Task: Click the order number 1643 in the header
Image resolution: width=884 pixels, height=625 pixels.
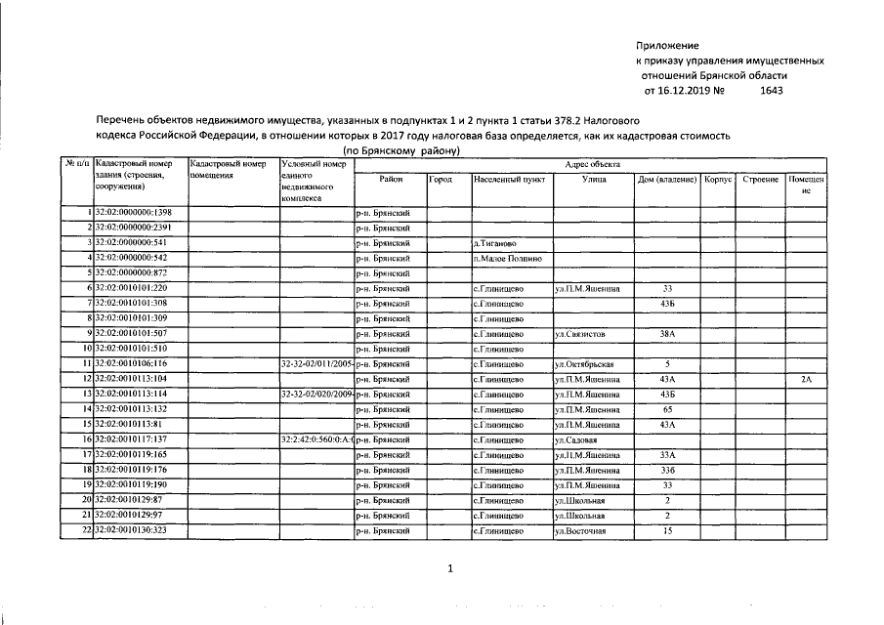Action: pyautogui.click(x=772, y=91)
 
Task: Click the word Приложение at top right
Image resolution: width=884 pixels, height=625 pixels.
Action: pyautogui.click(x=668, y=46)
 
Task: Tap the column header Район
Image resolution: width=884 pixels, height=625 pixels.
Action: pyautogui.click(x=390, y=180)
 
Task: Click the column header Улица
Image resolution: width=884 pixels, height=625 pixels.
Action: pyautogui.click(x=593, y=180)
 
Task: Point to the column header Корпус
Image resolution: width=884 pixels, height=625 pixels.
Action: pyautogui.click(x=718, y=180)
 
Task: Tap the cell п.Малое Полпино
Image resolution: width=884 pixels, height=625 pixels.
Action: pyautogui.click(x=507, y=258)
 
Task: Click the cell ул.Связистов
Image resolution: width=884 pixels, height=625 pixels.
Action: pyautogui.click(x=585, y=334)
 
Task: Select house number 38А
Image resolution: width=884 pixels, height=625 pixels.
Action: pyautogui.click(x=667, y=334)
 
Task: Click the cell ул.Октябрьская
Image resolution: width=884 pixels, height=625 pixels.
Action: pyautogui.click(x=589, y=364)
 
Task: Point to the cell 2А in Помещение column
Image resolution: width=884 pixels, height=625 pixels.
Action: pyautogui.click(x=807, y=379)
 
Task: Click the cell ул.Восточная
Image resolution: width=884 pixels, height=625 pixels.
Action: pyautogui.click(x=584, y=530)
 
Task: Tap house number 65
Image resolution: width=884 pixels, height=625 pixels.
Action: pyautogui.click(x=667, y=409)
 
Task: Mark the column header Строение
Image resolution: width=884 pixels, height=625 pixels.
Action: pyautogui.click(x=760, y=180)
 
